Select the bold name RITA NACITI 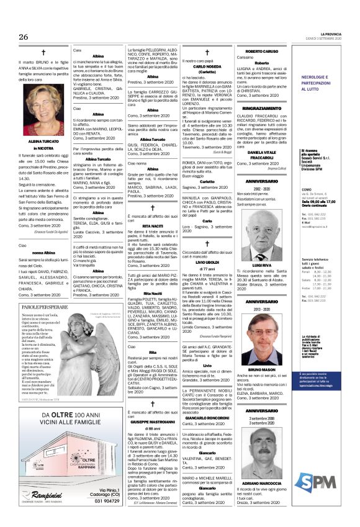pos(152,226)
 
